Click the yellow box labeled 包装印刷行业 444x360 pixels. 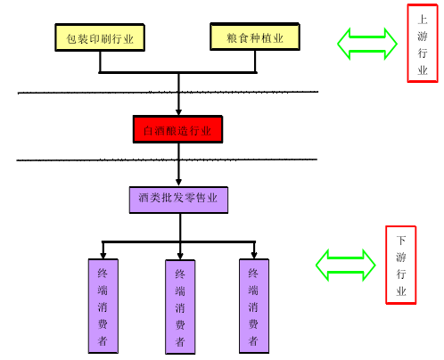100,37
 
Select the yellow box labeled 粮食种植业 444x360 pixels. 255,37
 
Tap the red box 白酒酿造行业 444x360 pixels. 177,129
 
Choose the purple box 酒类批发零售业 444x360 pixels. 178,200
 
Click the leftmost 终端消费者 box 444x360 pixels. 103,306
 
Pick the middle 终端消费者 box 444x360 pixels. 180,307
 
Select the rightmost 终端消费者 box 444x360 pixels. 254,306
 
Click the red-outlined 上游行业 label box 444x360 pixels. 423,44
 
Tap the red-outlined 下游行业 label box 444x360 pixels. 400,265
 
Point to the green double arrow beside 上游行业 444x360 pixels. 367,44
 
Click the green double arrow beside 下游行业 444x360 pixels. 345,265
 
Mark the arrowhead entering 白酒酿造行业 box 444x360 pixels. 178,112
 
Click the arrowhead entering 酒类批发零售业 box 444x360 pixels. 178,182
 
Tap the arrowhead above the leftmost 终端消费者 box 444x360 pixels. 103,256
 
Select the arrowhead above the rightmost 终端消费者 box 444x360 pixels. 254,256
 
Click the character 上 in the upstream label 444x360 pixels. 423,20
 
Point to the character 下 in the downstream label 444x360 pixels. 401,240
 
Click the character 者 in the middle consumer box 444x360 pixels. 180,341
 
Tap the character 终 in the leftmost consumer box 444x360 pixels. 103,273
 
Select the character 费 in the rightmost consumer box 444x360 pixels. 253,323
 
